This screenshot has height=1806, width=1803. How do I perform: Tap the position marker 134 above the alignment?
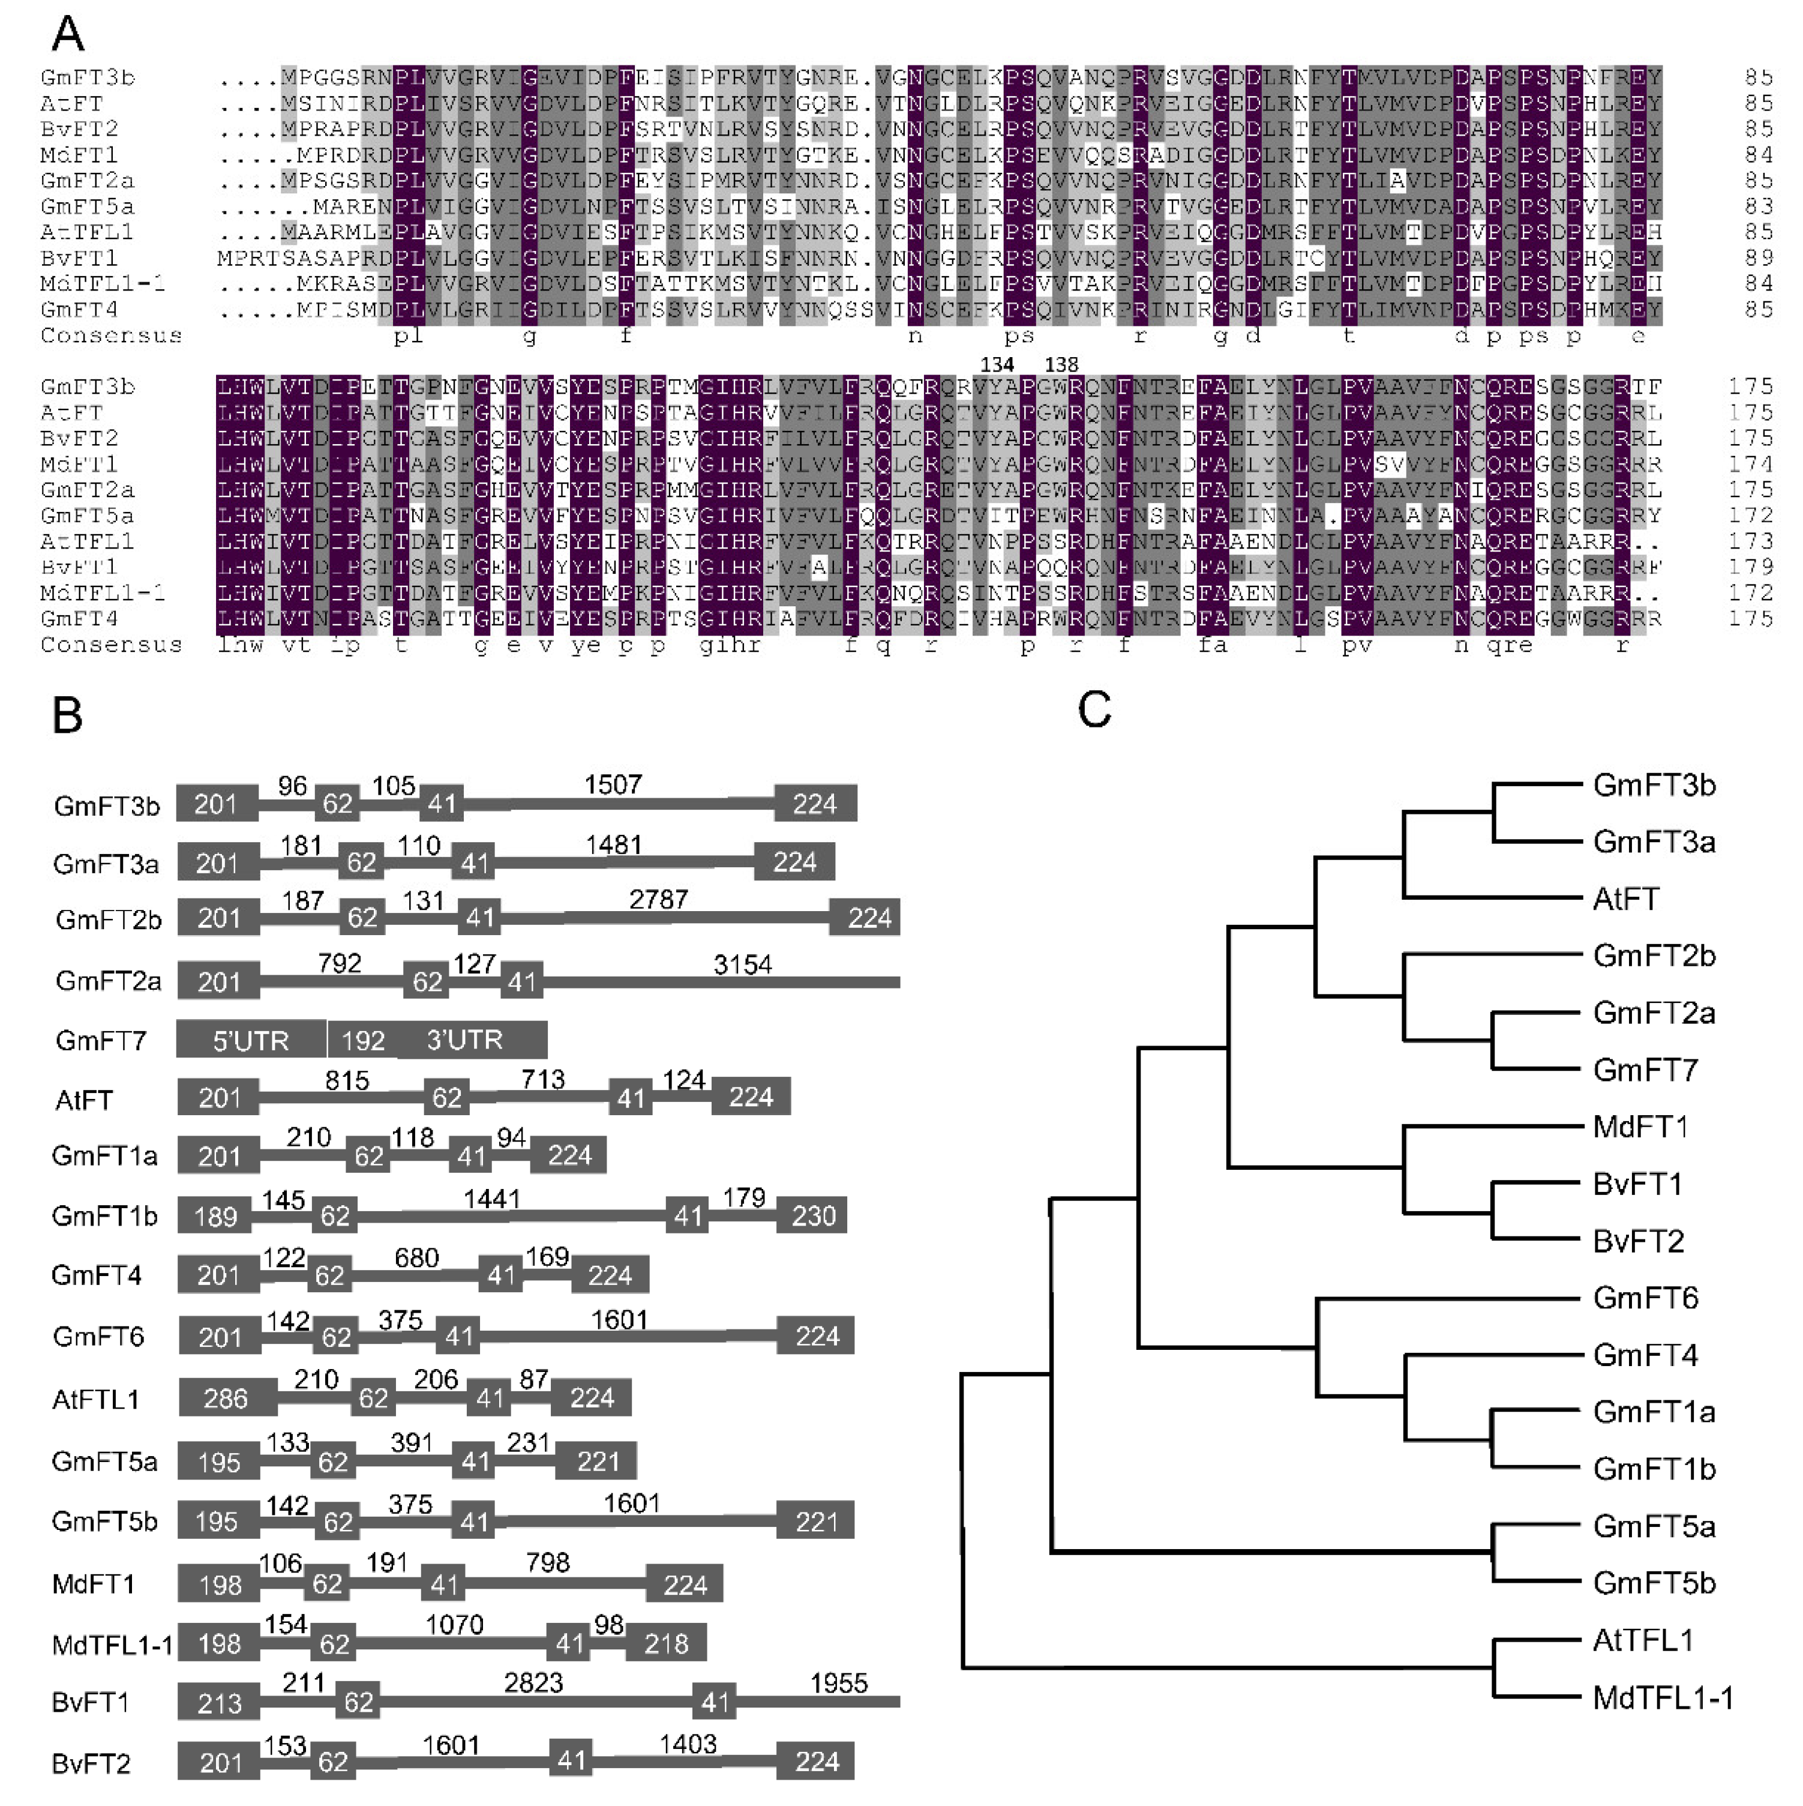pos(997,364)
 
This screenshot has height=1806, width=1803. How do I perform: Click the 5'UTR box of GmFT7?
pos(250,1040)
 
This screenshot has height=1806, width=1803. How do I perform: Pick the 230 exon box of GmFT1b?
pos(813,1215)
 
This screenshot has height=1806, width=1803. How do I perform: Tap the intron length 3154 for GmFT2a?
pos(742,964)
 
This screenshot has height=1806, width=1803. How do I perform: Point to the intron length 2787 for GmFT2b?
pos(658,899)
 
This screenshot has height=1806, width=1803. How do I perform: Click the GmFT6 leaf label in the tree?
pos(1645,1298)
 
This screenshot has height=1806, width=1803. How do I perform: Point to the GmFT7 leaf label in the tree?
pos(1645,1070)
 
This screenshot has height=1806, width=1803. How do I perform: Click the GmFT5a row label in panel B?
pos(104,1461)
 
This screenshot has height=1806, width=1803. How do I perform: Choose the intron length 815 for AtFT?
pos(347,1080)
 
